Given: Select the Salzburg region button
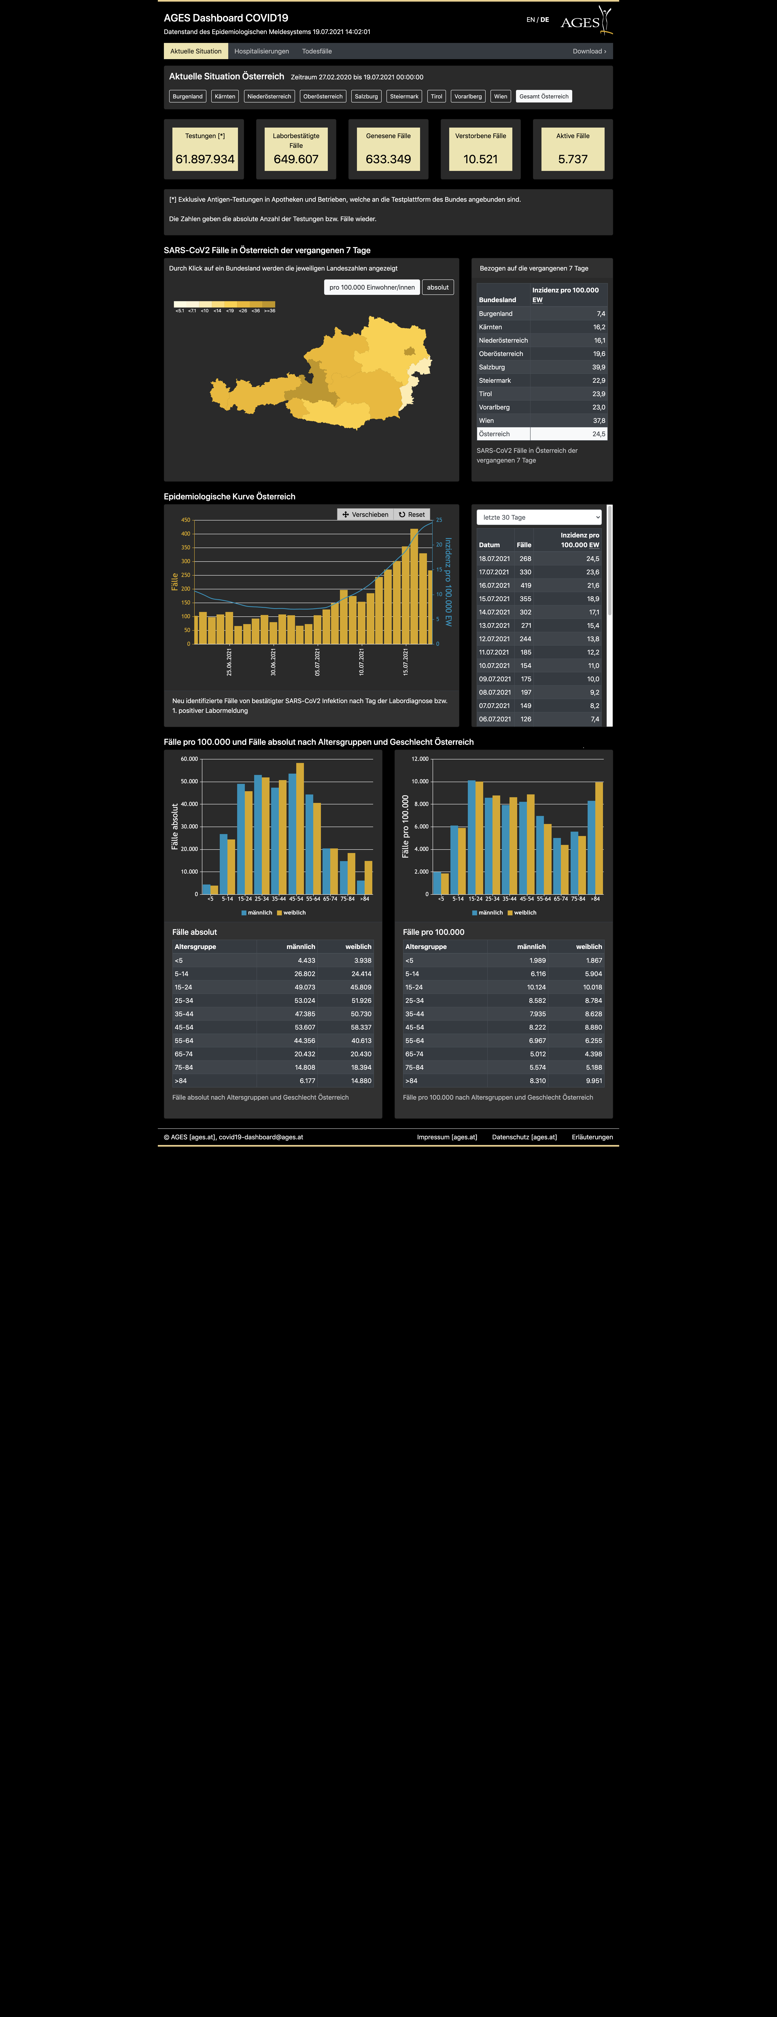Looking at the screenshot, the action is coord(366,96).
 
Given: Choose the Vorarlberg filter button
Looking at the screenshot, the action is coord(468,96).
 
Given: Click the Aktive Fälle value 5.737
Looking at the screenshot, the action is coord(573,159).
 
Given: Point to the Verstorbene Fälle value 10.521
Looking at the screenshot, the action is coord(480,159).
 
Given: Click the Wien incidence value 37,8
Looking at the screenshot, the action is coord(599,420).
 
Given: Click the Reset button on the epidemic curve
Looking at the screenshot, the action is coord(412,514).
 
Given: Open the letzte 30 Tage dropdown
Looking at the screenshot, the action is coord(539,518).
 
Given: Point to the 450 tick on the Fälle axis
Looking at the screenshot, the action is coord(185,520).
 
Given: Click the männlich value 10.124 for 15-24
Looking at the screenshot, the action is coord(536,987).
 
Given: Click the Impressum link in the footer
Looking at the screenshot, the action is coord(447,1137).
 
